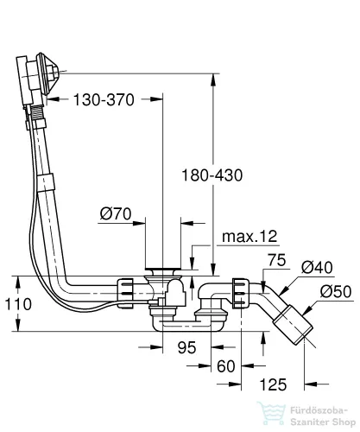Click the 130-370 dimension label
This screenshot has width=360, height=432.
(104, 100)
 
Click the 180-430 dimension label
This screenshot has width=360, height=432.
(212, 175)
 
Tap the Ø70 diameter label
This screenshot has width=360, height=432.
(116, 214)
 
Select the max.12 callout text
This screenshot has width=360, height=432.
(249, 237)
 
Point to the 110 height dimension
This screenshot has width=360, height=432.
(18, 304)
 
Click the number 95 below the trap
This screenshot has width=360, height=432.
(187, 347)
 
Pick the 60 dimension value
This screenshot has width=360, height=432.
(226, 366)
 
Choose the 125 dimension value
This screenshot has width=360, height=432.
(273, 384)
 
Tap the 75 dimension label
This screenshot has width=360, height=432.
(277, 260)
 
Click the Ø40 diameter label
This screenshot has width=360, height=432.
(317, 267)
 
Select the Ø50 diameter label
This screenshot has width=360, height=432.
(336, 291)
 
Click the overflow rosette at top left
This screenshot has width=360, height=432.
(47, 73)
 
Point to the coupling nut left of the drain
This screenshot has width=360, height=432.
(124, 293)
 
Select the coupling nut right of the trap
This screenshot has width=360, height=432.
(240, 293)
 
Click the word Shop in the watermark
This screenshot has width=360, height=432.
(344, 422)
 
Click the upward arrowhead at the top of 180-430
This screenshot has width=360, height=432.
(213, 80)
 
